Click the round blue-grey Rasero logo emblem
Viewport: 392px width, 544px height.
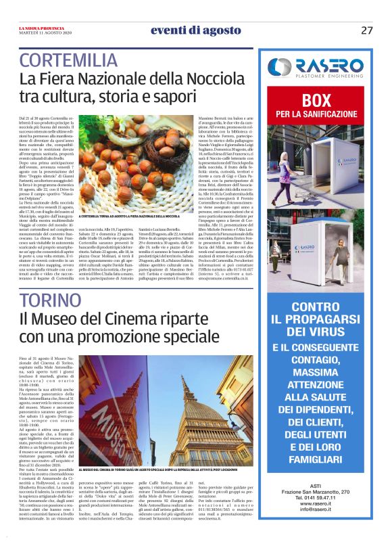coord(279,67)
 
